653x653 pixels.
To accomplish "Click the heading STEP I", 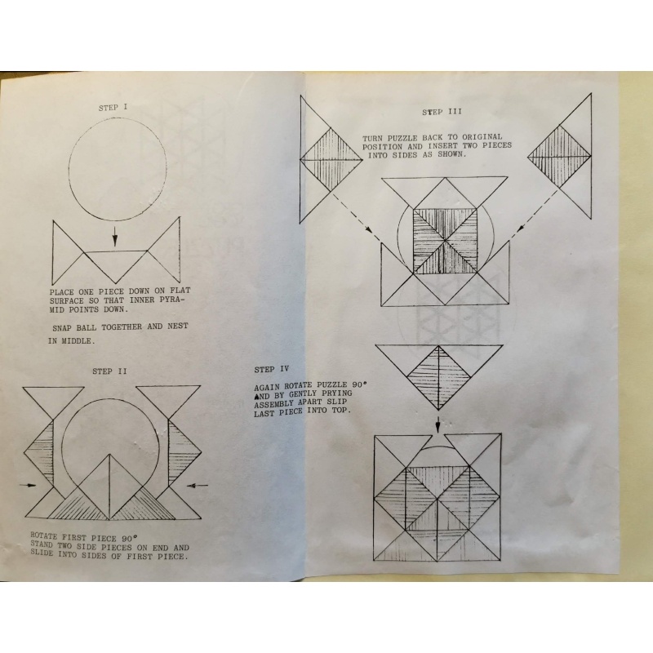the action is point(113,108).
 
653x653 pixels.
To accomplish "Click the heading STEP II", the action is point(110,371).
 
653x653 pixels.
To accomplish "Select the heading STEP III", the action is point(442,112).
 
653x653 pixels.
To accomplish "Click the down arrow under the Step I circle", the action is point(115,237).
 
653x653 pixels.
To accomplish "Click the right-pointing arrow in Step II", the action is point(28,485).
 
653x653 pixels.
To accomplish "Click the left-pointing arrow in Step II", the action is point(197,484).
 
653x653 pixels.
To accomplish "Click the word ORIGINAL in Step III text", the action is point(482,136).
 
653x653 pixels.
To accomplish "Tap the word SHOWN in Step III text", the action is point(451,154).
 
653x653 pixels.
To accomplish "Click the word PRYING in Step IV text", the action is point(335,393).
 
